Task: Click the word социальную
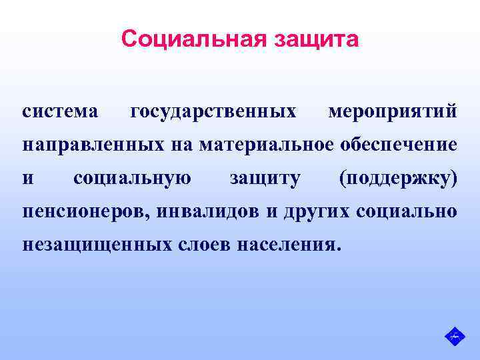pos(133,178)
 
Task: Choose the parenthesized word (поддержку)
pos(397,178)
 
